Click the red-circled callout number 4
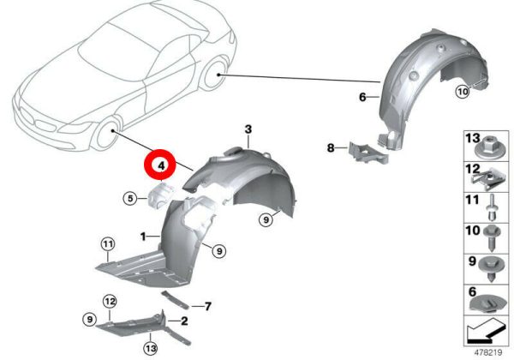(161, 165)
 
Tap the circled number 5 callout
(130, 198)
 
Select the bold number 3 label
(248, 129)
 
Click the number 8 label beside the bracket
(331, 148)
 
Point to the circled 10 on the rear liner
(463, 92)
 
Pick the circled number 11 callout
(108, 244)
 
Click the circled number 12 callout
(110, 302)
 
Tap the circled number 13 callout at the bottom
(151, 348)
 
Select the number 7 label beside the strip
(208, 307)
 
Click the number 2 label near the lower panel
(184, 321)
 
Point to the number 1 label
(142, 236)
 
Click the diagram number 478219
(487, 353)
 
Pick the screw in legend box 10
(493, 238)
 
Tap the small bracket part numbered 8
(368, 153)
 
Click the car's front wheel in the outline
(107, 135)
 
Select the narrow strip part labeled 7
(176, 300)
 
